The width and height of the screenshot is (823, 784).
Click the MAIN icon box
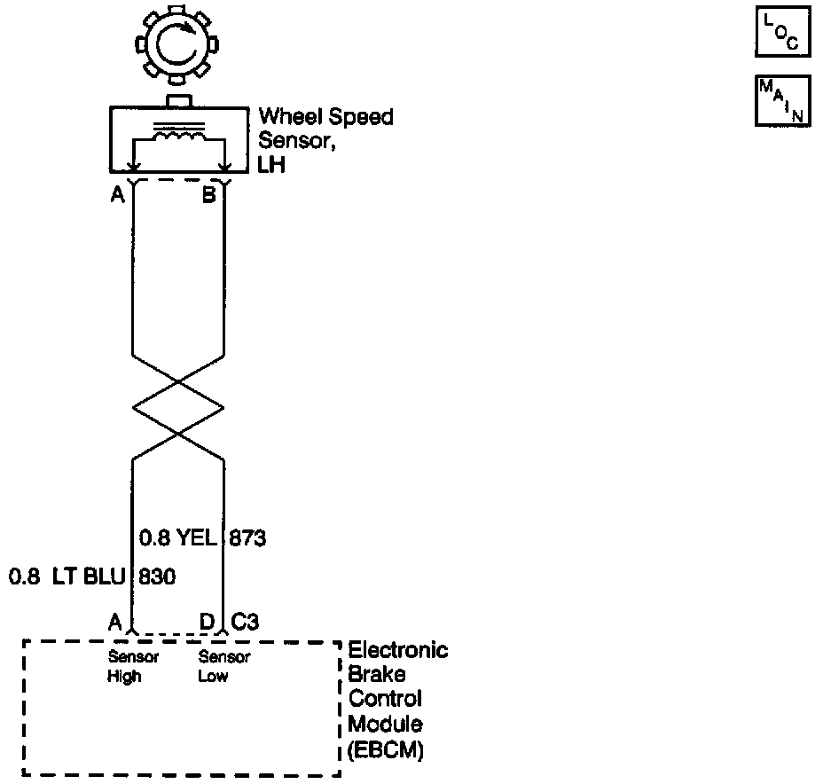[782, 101]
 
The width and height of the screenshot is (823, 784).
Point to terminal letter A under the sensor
[117, 195]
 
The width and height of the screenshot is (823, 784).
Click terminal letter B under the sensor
[208, 195]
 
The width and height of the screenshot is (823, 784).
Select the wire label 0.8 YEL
[177, 537]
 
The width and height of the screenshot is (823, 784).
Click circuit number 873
[248, 537]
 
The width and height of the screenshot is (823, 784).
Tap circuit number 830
[156, 577]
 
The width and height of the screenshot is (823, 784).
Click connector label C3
[246, 622]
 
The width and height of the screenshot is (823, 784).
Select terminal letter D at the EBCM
[207, 622]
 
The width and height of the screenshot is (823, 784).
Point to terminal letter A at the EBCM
[114, 622]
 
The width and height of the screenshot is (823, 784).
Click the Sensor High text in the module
[133, 667]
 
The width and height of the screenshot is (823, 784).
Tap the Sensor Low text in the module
[224, 667]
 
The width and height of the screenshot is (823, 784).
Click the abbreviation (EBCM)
[386, 750]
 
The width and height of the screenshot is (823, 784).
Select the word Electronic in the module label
[398, 650]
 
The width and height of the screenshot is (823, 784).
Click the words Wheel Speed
[325, 117]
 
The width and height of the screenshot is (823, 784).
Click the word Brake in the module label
[372, 674]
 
